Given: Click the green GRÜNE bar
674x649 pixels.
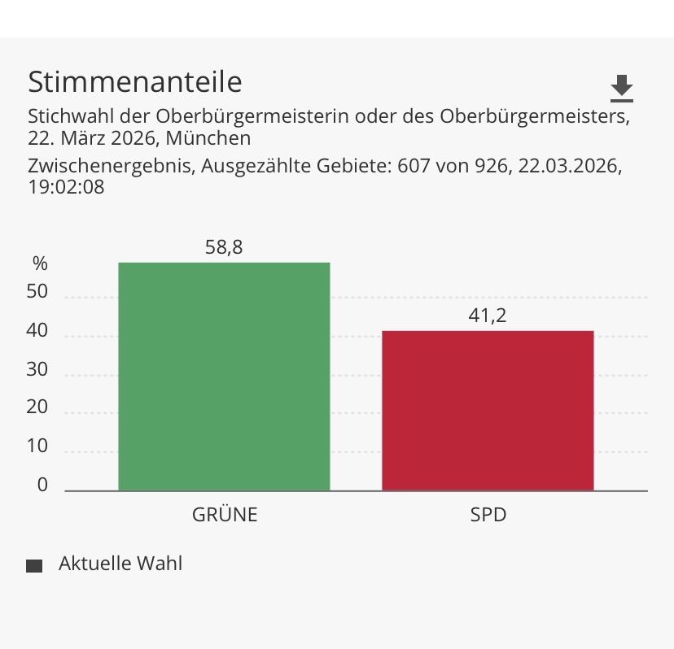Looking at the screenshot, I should pyautogui.click(x=224, y=377).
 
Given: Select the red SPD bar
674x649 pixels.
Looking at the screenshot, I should pyautogui.click(x=488, y=411).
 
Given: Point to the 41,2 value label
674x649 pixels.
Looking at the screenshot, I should pyautogui.click(x=488, y=316).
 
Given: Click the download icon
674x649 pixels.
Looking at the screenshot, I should pyautogui.click(x=622, y=87).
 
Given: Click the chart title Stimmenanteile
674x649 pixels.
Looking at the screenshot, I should pyautogui.click(x=135, y=82).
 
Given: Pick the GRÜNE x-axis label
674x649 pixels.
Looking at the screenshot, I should pyautogui.click(x=225, y=515).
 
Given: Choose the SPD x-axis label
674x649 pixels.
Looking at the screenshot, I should pyautogui.click(x=488, y=515).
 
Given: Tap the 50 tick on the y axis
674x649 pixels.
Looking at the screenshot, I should pyautogui.click(x=37, y=293).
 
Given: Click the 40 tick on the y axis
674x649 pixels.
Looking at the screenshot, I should pyautogui.click(x=37, y=332).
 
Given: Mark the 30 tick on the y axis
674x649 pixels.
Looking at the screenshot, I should pyautogui.click(x=37, y=370).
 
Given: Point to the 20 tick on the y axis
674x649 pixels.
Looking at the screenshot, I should pyautogui.click(x=37, y=408).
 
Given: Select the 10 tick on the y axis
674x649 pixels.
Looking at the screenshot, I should pyautogui.click(x=37, y=446).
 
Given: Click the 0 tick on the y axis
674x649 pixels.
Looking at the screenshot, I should pyautogui.click(x=42, y=485).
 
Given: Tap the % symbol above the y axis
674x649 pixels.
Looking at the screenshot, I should pyautogui.click(x=40, y=264).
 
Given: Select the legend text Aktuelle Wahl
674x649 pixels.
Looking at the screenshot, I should pyautogui.click(x=120, y=564).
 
